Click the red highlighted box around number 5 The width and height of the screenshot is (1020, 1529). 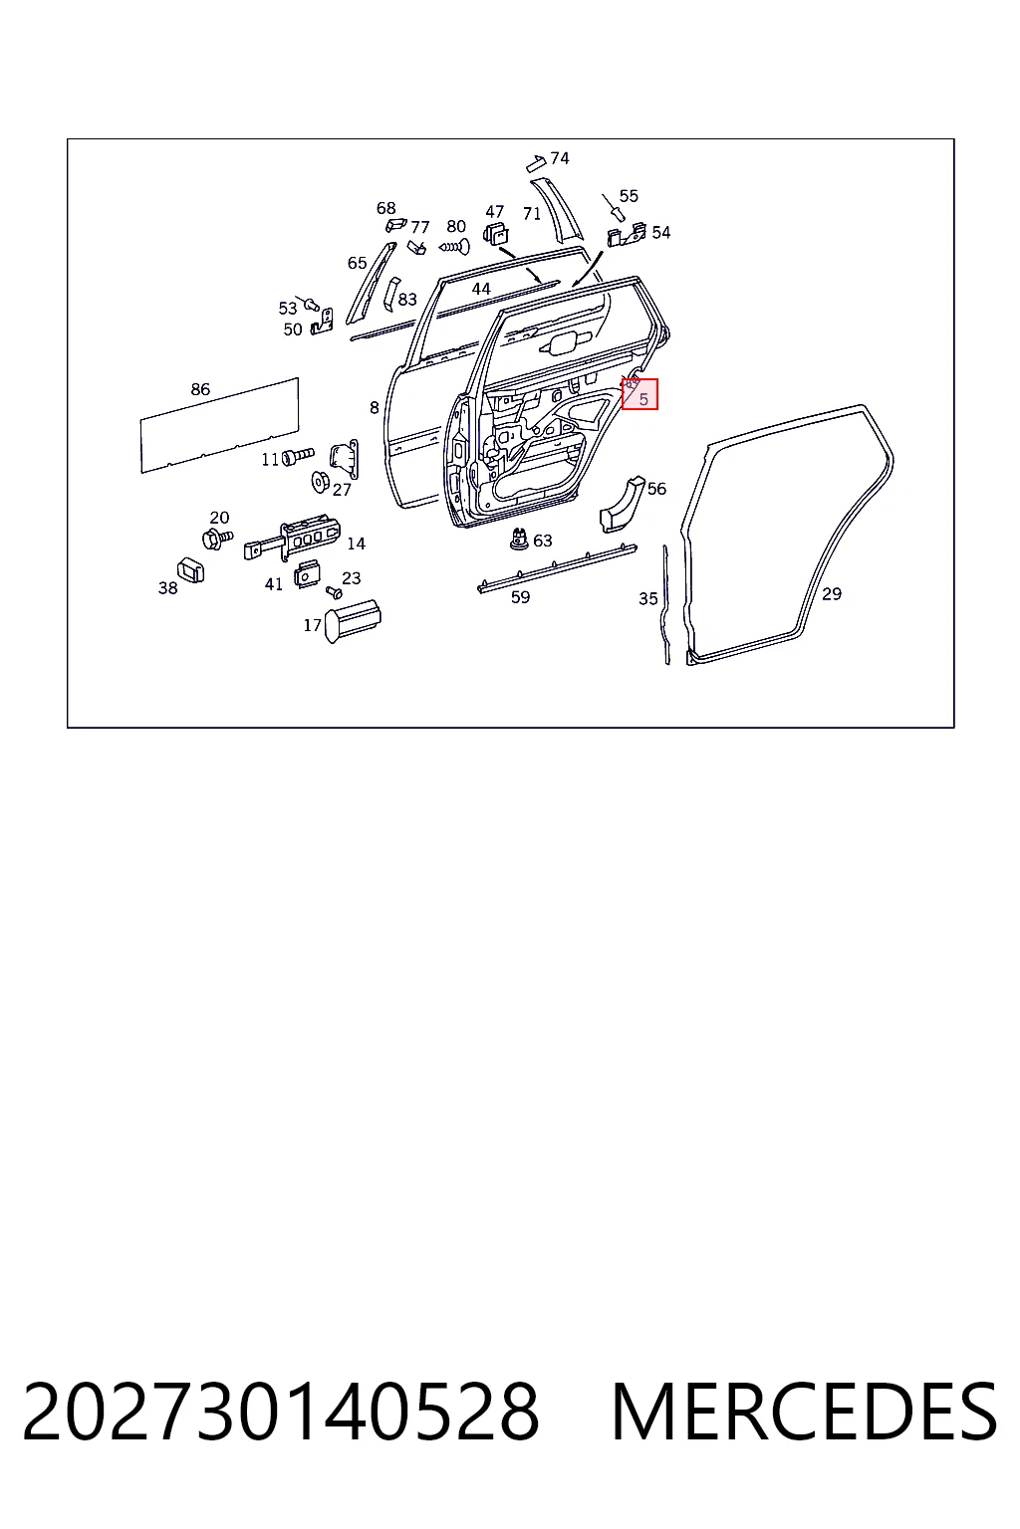tap(639, 394)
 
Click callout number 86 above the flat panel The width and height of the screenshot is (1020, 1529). tap(200, 389)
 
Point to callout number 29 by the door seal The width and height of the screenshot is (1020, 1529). tap(832, 594)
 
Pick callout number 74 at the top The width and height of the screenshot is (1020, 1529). tap(560, 158)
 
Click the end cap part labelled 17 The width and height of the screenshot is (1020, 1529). tap(353, 621)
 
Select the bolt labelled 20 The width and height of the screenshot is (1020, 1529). tap(217, 539)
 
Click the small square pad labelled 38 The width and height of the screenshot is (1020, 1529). tap(190, 570)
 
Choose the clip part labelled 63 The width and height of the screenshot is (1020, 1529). tap(519, 539)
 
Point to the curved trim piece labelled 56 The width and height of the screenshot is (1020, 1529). tap(621, 504)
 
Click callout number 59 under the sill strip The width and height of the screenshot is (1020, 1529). tap(521, 597)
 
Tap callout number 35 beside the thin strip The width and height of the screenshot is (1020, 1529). tap(648, 598)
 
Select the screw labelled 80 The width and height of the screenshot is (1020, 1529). tap(454, 246)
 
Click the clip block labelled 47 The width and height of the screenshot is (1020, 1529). tap(495, 234)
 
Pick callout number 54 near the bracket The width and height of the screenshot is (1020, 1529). tap(660, 233)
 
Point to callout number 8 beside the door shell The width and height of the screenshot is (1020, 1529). tap(374, 408)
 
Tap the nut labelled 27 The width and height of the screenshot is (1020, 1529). tap(319, 482)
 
